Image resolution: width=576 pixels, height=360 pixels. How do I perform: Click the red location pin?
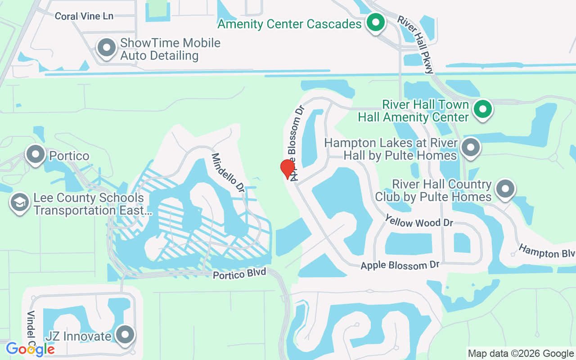[x=288, y=169]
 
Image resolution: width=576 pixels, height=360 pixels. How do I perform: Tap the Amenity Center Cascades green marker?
[x=374, y=22]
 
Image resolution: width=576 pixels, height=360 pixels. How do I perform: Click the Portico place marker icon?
[x=36, y=154]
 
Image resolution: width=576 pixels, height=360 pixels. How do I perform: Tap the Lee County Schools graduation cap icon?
[x=19, y=203]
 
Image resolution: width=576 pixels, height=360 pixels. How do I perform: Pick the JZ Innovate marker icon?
[x=126, y=335]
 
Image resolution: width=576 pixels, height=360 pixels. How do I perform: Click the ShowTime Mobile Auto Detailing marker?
[x=107, y=48]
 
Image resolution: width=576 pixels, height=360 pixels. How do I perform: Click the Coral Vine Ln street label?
[x=84, y=16]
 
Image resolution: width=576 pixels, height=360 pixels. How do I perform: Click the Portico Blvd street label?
[x=240, y=274]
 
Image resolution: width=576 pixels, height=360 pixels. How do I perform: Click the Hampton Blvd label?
[x=547, y=252]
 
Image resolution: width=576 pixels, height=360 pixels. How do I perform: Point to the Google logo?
[x=30, y=349]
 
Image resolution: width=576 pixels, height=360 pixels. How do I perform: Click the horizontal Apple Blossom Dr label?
[x=400, y=265]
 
